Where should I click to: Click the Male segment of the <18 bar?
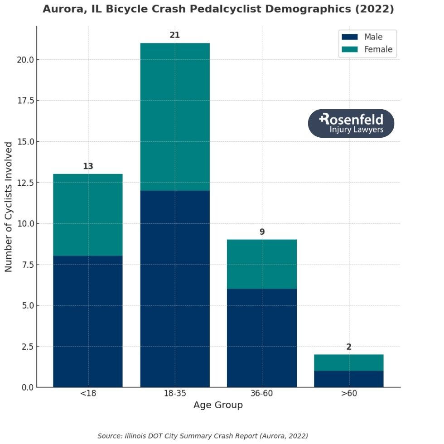(x=88, y=321)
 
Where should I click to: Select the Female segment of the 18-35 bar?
(x=175, y=117)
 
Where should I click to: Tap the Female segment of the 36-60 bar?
(x=262, y=264)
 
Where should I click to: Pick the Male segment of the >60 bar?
(x=349, y=379)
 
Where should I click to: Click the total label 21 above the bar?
(x=175, y=35)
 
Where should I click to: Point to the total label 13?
(x=88, y=166)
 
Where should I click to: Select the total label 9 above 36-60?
(x=262, y=232)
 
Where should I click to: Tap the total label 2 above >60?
(x=349, y=347)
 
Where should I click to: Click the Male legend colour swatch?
(x=350, y=37)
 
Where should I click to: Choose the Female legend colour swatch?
(x=350, y=49)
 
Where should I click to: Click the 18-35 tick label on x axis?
(x=175, y=393)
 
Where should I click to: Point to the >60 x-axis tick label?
(x=349, y=393)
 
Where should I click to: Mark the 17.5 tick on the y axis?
(x=24, y=101)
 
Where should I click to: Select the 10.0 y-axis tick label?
(x=24, y=224)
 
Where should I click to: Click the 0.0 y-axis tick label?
(x=25, y=387)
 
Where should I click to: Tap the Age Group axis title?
(x=218, y=405)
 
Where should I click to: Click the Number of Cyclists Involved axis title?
(x=9, y=207)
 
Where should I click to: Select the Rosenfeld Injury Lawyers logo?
(x=351, y=123)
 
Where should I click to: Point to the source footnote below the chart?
(x=203, y=436)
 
